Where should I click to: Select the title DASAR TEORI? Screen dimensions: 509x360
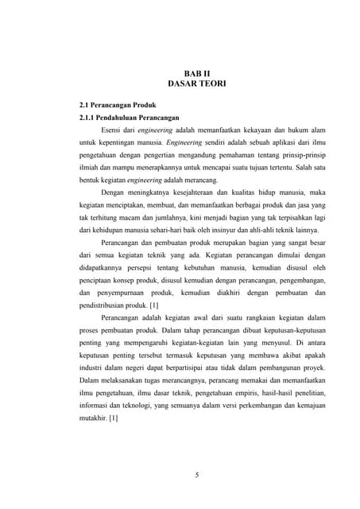click(x=188, y=83)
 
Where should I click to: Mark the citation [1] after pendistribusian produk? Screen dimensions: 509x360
click(x=154, y=305)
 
